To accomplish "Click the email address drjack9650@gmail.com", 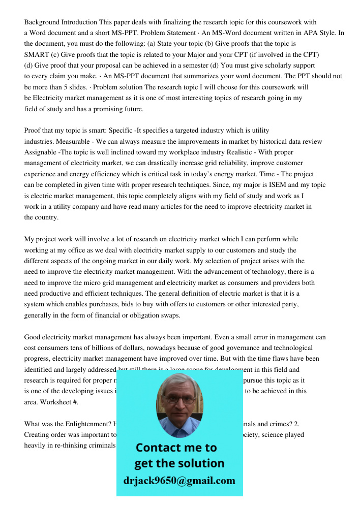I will click(x=179, y=481).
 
